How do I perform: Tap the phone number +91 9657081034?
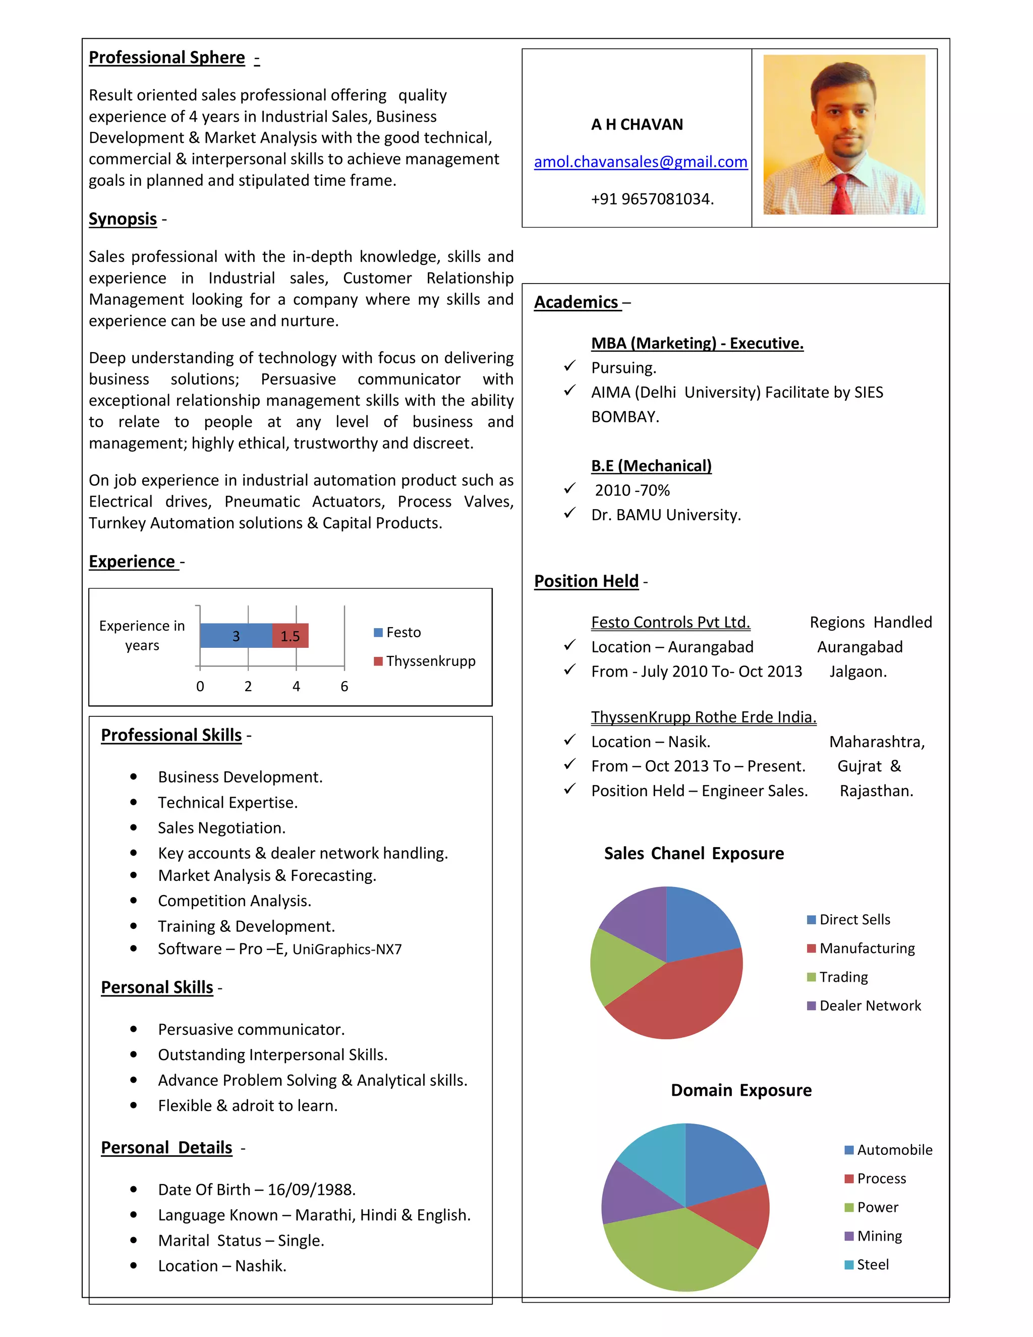[652, 199]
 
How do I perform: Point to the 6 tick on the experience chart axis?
[344, 686]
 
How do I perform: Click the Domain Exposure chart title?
[740, 1090]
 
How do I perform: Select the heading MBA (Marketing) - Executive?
[697, 344]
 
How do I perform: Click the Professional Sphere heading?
[166, 58]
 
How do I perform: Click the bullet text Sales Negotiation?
[221, 827]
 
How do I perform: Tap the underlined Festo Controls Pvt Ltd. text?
[670, 623]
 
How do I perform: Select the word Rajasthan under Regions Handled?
[876, 791]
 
